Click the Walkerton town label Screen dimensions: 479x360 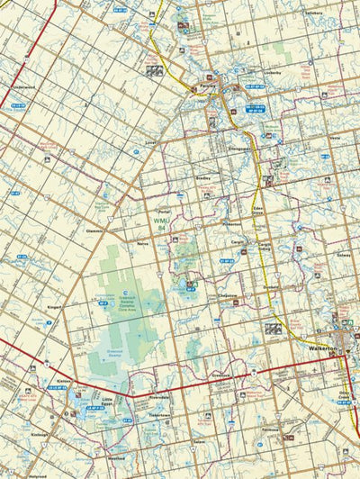[x=316, y=347]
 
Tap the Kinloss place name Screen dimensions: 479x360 [x=38, y=435]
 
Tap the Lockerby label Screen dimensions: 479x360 [x=273, y=72]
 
